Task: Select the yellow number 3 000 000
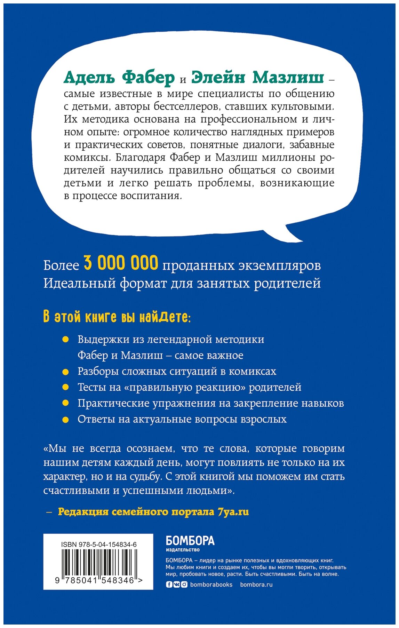coord(121,263)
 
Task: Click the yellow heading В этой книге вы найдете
coord(117,317)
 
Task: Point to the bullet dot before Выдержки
coord(65,340)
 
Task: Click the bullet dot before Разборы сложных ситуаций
coord(65,372)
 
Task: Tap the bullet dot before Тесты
coord(65,388)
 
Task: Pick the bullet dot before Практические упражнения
coord(65,404)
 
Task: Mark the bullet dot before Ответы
coord(65,419)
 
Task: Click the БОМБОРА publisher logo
coord(190,541)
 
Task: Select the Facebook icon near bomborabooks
coord(169,585)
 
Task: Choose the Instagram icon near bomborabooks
coord(184,585)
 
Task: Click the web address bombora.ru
coord(256,585)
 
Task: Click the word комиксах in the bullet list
coord(252,372)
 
